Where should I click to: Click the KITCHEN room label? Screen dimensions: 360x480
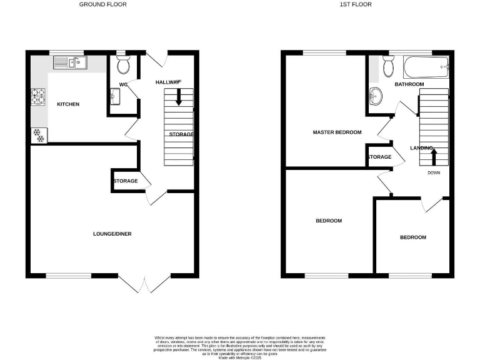click(x=68, y=104)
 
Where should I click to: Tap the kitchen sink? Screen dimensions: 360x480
click(x=72, y=61)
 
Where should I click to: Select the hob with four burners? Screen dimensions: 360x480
click(x=38, y=97)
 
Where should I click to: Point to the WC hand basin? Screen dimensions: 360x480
click(x=116, y=96)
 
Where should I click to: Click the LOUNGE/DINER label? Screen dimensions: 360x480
click(x=112, y=234)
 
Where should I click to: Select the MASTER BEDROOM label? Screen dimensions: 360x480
click(x=337, y=132)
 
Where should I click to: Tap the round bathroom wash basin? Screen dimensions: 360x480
click(x=376, y=97)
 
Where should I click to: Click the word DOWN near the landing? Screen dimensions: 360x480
click(x=434, y=172)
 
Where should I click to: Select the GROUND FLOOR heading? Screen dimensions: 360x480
click(x=102, y=4)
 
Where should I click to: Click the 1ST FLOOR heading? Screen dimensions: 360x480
click(x=355, y=4)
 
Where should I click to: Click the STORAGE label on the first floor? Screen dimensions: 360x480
click(x=379, y=157)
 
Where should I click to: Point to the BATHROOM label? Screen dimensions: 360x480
click(x=409, y=84)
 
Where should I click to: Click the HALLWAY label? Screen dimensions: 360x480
click(x=167, y=82)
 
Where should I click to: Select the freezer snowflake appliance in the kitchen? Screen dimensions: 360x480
click(x=38, y=134)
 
